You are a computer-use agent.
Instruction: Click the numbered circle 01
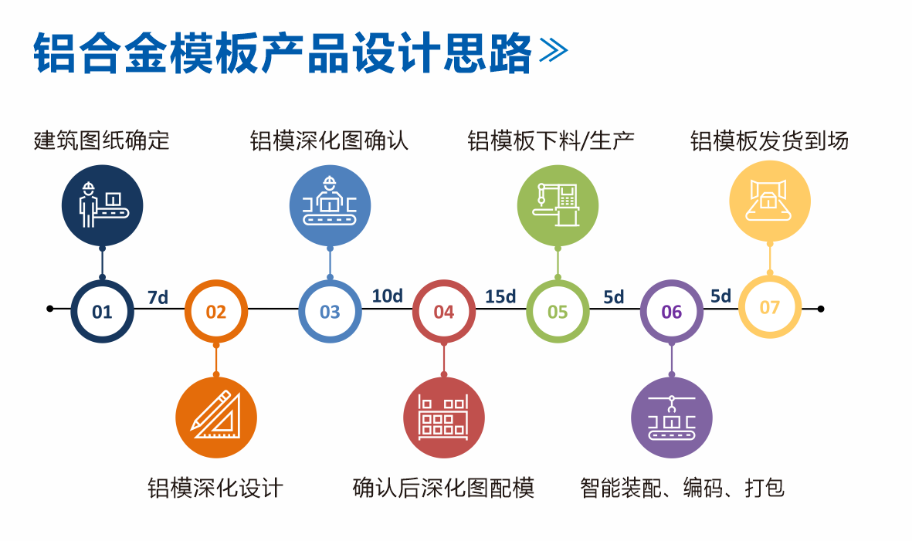[x=102, y=311]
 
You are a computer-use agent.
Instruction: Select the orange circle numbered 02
[x=216, y=311]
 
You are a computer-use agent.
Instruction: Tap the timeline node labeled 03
[x=330, y=311]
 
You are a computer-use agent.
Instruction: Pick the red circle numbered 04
[x=444, y=311]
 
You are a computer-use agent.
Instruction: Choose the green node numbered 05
[x=558, y=311]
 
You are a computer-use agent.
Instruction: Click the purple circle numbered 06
[x=672, y=311]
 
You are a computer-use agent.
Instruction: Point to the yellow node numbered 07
[x=770, y=307]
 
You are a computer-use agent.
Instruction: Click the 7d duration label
[x=158, y=297]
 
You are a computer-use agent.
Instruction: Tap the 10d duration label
[x=387, y=296]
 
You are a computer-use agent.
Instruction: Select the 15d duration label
[x=500, y=296]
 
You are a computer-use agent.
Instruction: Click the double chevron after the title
[x=553, y=52]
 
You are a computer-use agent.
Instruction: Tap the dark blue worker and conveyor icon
[x=102, y=205]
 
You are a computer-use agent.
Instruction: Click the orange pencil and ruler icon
[x=216, y=418]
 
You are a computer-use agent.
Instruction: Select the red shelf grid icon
[x=444, y=418]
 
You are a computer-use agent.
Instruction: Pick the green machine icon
[x=558, y=205]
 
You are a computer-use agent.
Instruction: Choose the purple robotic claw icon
[x=672, y=418]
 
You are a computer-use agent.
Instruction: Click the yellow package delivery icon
[x=770, y=201]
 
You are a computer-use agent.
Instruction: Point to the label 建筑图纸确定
[x=102, y=140]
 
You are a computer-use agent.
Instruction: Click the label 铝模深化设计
[x=216, y=488]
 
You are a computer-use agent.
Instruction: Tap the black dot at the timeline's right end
[x=821, y=309]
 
